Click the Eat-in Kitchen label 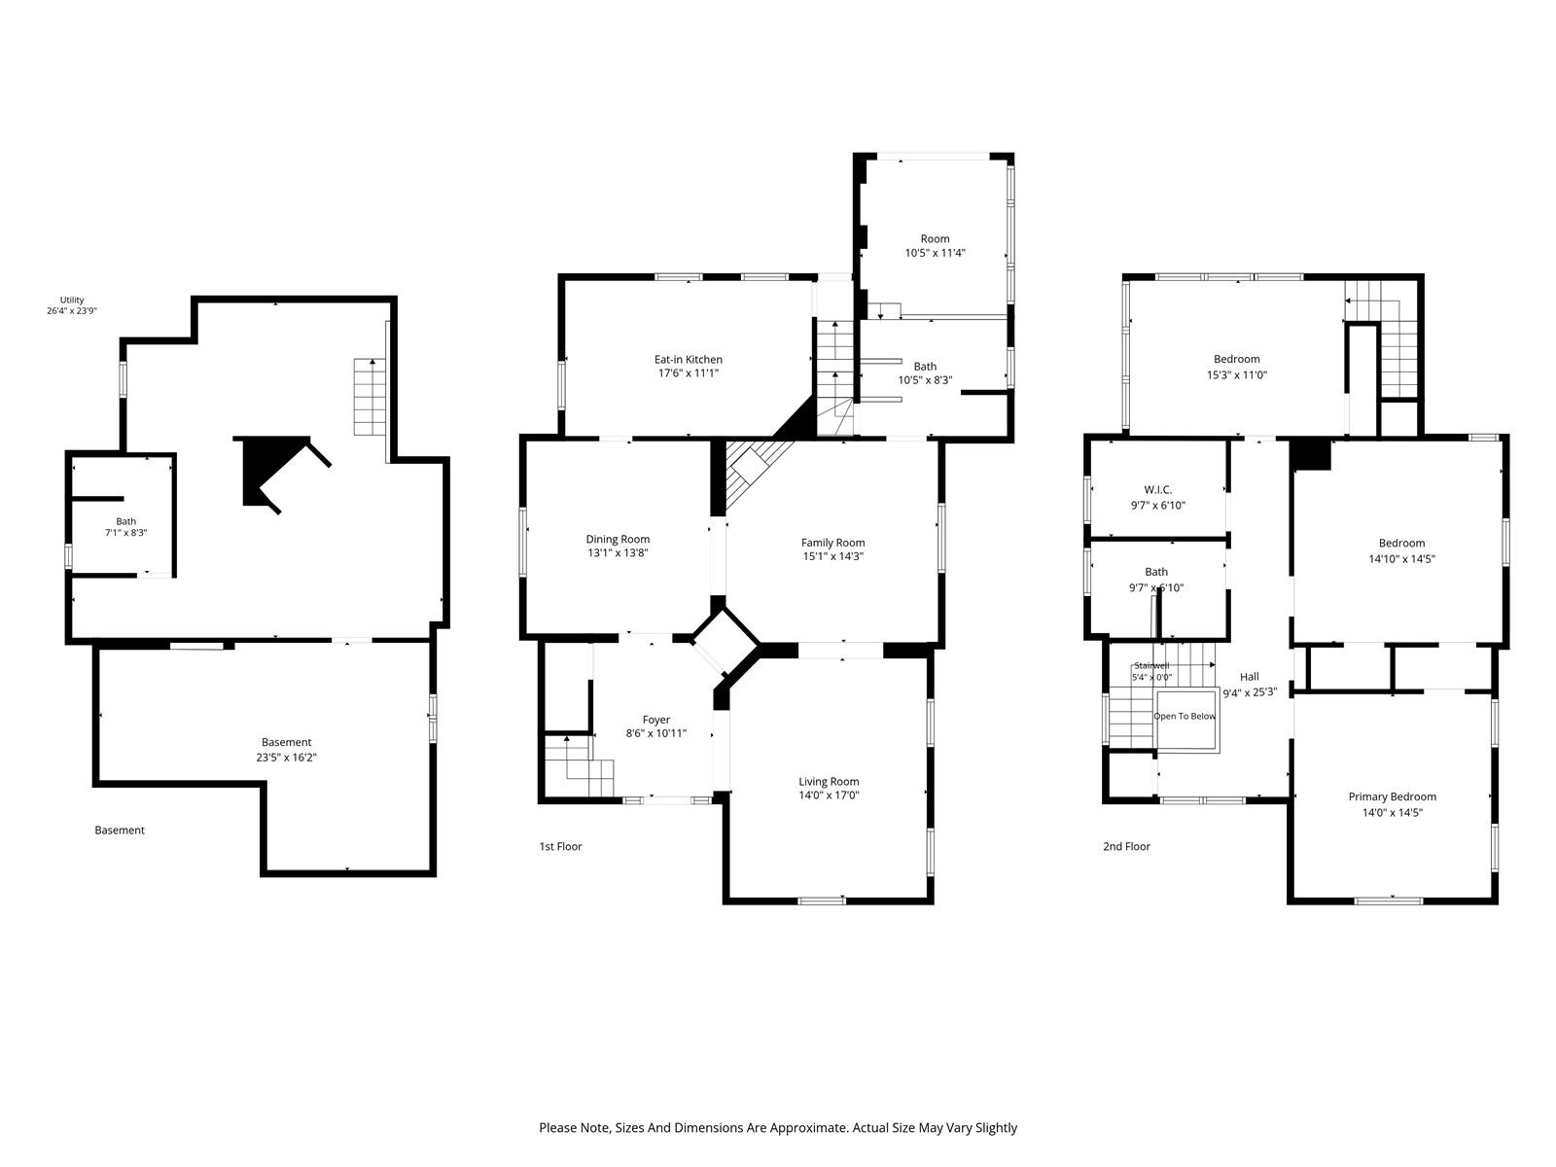[688, 359]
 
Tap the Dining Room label [618, 539]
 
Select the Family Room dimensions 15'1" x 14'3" [832, 556]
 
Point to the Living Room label [829, 782]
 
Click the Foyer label [656, 720]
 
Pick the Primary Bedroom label [1393, 796]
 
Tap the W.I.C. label [1157, 489]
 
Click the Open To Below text [1185, 717]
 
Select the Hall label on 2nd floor [1250, 677]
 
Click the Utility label [72, 300]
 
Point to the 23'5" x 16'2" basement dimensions [286, 758]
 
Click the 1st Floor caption [561, 846]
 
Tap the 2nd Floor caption [1126, 846]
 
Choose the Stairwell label [1152, 665]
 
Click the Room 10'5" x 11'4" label [935, 246]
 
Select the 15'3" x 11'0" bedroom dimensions [1237, 374]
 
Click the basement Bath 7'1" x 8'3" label [126, 527]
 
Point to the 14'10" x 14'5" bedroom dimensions [1402, 559]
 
